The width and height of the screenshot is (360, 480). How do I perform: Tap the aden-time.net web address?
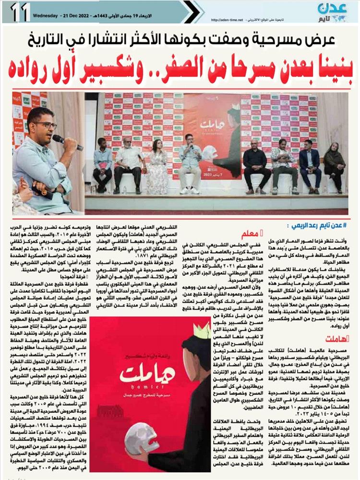(228, 20)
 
